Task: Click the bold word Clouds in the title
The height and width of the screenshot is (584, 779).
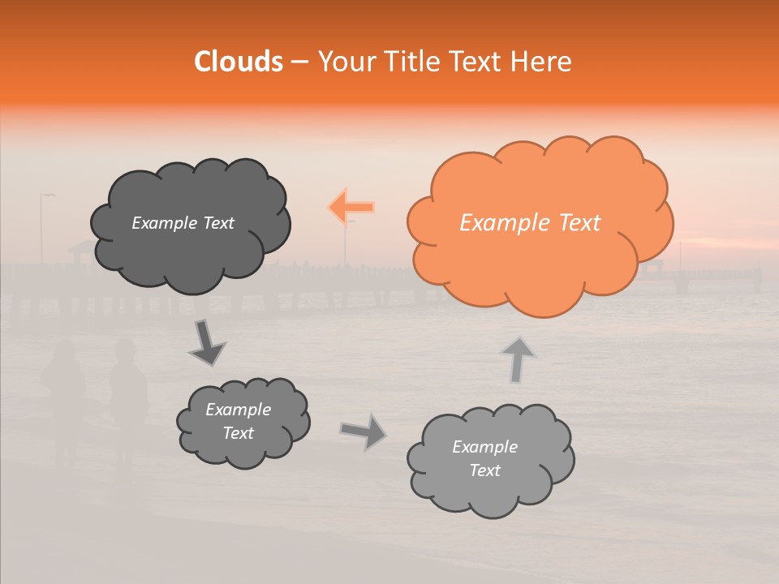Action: (x=238, y=62)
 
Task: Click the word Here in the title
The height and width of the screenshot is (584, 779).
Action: (x=543, y=62)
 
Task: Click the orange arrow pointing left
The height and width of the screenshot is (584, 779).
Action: (x=351, y=208)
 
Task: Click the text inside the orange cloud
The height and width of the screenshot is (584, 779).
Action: (x=530, y=223)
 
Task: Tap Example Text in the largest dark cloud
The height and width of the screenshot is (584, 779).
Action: (x=183, y=223)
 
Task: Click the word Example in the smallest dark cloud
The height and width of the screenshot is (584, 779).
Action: (x=238, y=410)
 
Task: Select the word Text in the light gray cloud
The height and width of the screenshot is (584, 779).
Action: (x=484, y=470)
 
